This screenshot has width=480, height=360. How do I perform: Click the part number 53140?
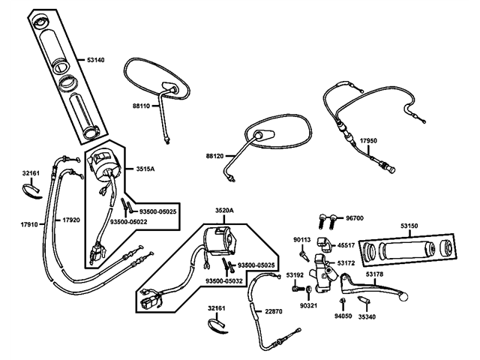96,59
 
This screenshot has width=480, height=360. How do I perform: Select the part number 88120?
215,156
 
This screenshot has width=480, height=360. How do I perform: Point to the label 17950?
368,140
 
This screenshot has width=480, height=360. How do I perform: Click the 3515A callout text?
145,169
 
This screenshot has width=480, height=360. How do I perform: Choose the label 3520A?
225,211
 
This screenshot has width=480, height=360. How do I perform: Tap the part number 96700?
355,218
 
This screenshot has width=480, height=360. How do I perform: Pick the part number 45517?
346,245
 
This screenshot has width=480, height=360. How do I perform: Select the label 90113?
301,240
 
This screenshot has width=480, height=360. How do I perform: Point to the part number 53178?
375,274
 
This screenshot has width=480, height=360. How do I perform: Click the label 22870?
274,311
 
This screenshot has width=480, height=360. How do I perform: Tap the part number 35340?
367,316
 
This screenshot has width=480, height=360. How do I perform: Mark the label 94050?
343,316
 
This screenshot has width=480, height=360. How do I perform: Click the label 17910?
29,223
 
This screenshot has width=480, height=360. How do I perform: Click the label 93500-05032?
224,280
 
